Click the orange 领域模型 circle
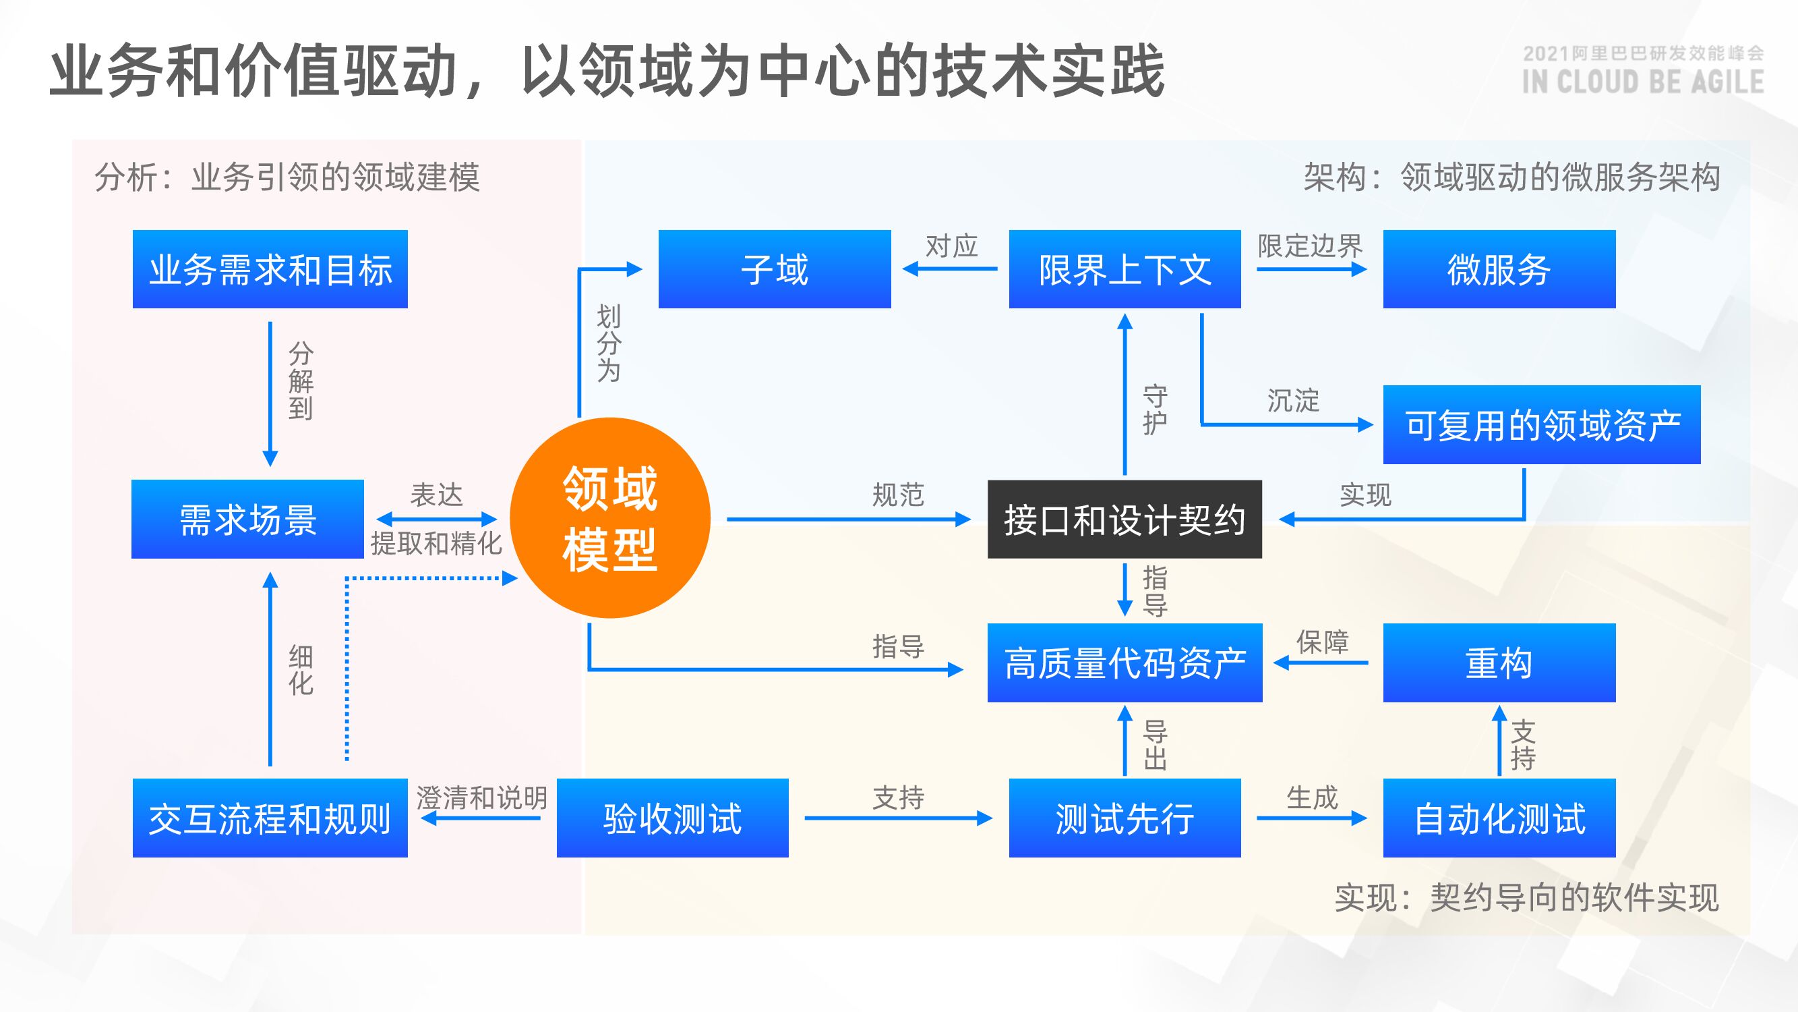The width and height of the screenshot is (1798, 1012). coord(610,517)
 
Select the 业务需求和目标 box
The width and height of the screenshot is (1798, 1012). coord(270,269)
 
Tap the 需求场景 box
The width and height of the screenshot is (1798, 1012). coord(248,519)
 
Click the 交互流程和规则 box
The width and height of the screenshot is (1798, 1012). coord(270,818)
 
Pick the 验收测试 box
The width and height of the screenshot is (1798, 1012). coord(672,818)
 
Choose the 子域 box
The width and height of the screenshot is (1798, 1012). coord(775,269)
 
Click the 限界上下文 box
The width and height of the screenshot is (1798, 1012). coord(1125,269)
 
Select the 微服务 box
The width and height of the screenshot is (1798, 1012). coord(1499,269)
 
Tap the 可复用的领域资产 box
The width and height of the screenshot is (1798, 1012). coord(1542,424)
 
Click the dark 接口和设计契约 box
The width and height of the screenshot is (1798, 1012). coord(1125,519)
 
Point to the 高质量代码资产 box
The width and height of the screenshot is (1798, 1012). coord(1125,663)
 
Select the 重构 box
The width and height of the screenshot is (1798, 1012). coord(1499,663)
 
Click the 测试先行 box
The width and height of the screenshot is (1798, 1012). coord(1125,818)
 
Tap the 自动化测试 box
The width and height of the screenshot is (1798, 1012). coord(1499,818)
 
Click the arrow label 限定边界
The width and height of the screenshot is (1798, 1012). coord(1310,246)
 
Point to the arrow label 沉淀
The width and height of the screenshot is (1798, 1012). coord(1293,401)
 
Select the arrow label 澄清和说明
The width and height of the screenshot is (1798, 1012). coord(481,797)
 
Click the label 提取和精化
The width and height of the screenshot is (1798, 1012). coord(436,542)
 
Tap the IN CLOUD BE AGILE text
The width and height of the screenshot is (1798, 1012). coord(1642,82)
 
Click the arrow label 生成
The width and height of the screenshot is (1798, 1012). coord(1311,797)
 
